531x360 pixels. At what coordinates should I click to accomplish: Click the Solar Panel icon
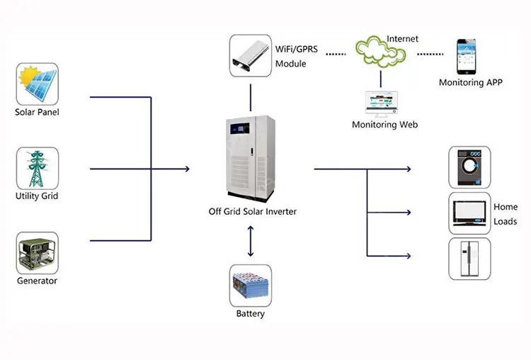click(x=38, y=84)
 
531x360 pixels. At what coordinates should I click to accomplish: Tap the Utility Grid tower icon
click(x=37, y=169)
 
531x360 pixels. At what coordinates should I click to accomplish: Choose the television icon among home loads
click(x=469, y=213)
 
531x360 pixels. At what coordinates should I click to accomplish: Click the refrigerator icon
click(x=469, y=259)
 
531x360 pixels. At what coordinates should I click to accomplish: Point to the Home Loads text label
click(x=506, y=214)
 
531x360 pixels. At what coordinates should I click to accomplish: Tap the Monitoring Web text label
click(x=385, y=125)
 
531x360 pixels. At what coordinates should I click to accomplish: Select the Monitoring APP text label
click(x=471, y=82)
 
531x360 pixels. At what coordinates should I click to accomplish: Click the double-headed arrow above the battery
click(x=250, y=241)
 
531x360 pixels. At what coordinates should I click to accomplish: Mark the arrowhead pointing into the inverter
click(x=187, y=169)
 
